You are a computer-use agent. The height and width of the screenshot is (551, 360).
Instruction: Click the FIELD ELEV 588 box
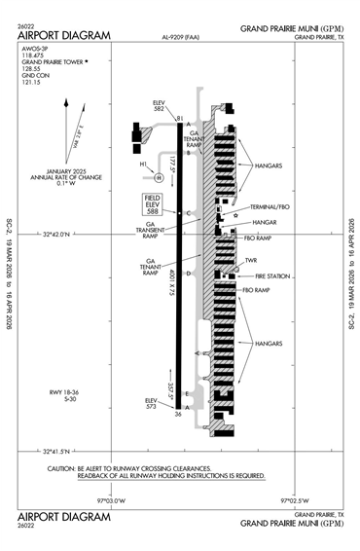[x=152, y=203]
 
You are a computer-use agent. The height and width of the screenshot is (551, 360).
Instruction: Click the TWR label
[x=250, y=260]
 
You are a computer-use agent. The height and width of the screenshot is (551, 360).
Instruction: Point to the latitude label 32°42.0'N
[x=62, y=235]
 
